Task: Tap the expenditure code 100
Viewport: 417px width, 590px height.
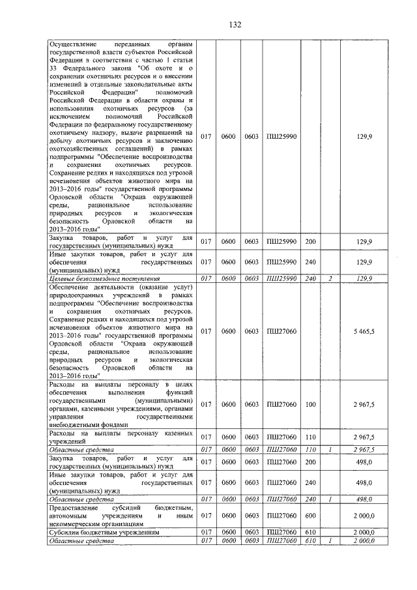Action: (309, 405)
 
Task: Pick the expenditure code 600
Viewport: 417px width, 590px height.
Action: (309, 514)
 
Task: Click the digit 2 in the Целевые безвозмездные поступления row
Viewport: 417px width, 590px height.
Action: (330, 278)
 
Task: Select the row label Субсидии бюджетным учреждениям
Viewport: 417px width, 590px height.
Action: (104, 532)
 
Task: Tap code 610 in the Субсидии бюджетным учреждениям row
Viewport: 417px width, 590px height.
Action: (309, 532)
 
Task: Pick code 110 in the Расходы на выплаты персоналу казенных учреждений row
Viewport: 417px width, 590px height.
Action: (309, 436)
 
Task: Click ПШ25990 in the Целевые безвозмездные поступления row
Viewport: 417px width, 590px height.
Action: (281, 278)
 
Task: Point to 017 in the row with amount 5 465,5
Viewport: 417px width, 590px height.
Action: (207, 331)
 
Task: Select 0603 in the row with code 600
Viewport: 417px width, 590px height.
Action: (252, 514)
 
